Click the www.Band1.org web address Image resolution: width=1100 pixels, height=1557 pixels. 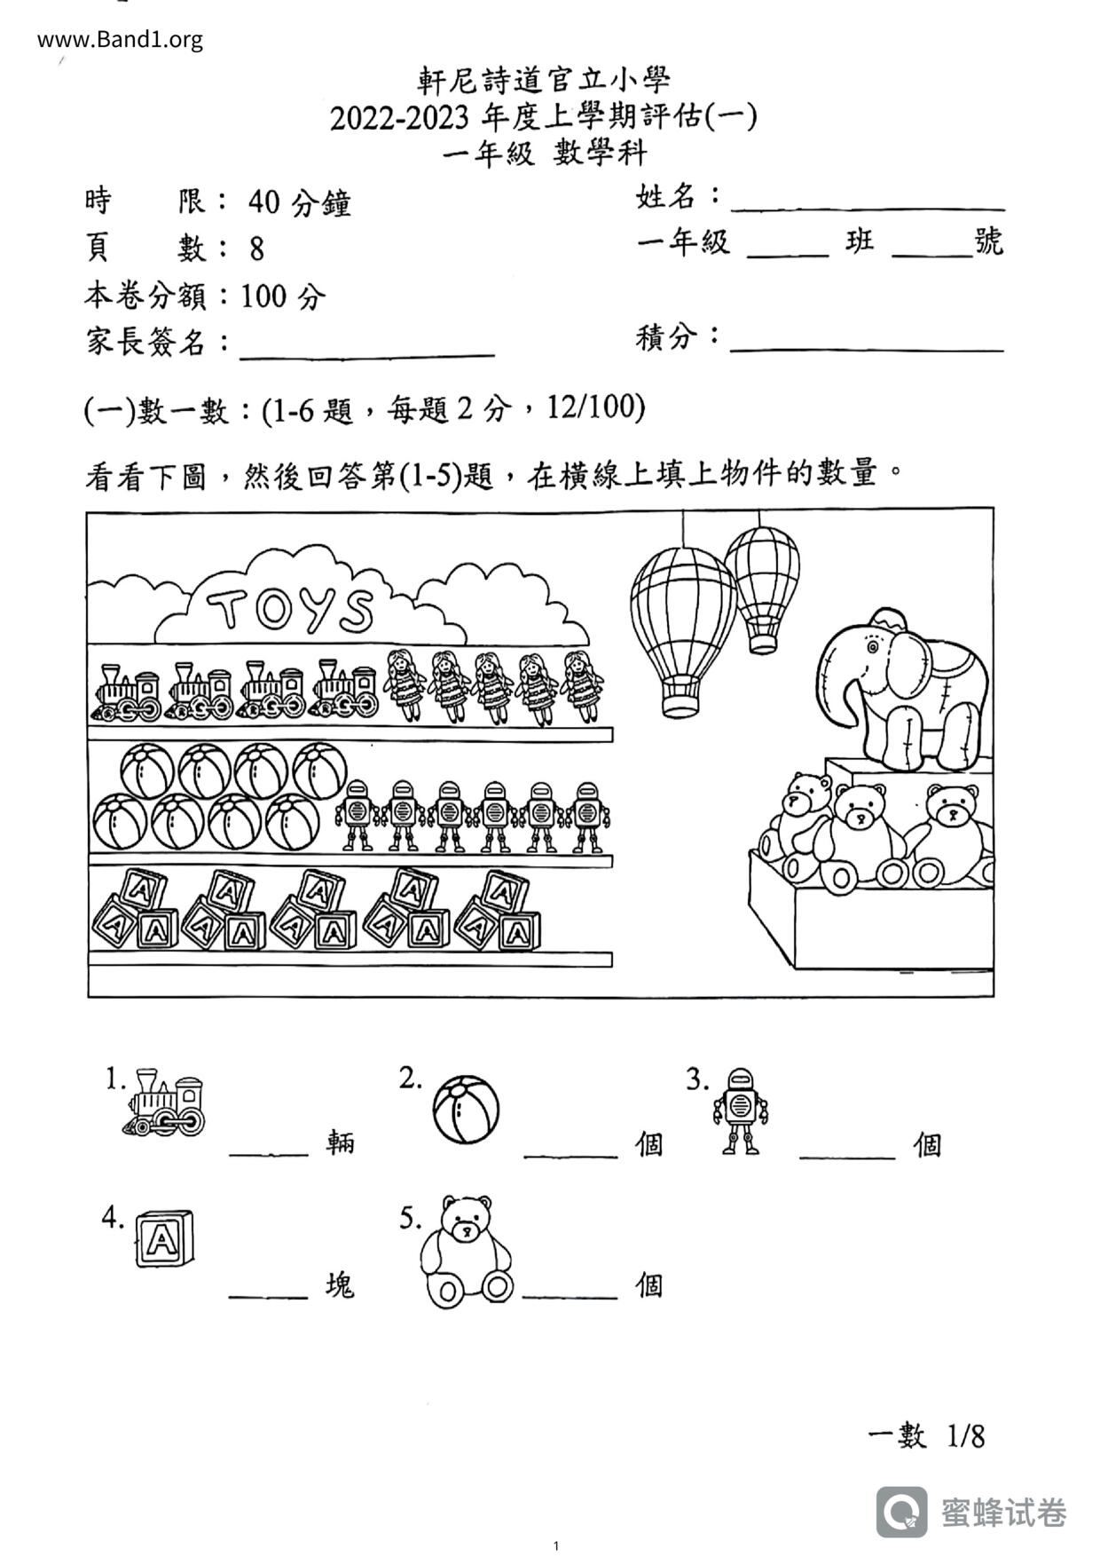pyautogui.click(x=120, y=40)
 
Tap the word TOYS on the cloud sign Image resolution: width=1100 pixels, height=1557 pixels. pyautogui.click(x=290, y=609)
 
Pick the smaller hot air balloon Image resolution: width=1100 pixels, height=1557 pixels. pyautogui.click(x=762, y=585)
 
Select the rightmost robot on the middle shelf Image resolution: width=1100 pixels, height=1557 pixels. pyautogui.click(x=587, y=816)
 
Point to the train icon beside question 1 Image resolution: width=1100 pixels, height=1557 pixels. pyautogui.click(x=165, y=1103)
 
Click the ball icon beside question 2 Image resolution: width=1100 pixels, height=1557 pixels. pyautogui.click(x=466, y=1110)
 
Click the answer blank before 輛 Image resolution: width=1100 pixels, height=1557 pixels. pyautogui.click(x=268, y=1150)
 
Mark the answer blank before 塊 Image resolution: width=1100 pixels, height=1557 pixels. pyautogui.click(x=268, y=1292)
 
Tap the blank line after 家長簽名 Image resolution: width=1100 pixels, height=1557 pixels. pyautogui.click(x=366, y=351)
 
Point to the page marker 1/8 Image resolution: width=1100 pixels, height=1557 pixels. pyautogui.click(x=966, y=1435)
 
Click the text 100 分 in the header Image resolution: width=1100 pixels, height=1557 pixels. pyautogui.click(x=283, y=296)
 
